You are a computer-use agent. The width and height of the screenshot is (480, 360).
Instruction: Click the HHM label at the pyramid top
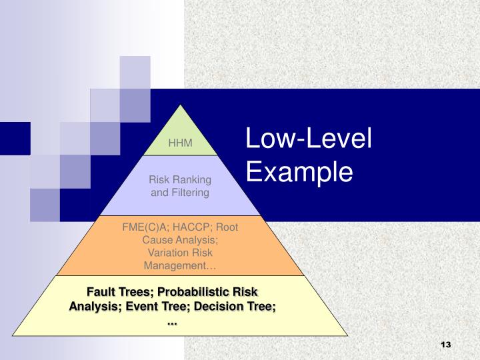(180, 143)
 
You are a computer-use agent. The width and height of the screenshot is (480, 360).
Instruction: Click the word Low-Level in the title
(308, 141)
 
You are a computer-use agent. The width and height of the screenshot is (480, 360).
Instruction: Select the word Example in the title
(298, 172)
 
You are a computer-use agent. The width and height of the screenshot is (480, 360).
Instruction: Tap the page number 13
(446, 344)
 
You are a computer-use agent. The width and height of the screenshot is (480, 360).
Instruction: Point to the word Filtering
(189, 193)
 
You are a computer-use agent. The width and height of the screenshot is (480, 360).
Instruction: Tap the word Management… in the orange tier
(180, 265)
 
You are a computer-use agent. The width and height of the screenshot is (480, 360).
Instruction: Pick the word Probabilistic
(193, 292)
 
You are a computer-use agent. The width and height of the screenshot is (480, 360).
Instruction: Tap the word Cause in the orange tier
(157, 239)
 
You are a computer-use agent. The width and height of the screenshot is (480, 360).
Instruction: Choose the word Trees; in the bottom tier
(136, 292)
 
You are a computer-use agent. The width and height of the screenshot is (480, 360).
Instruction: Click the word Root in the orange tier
(226, 227)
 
